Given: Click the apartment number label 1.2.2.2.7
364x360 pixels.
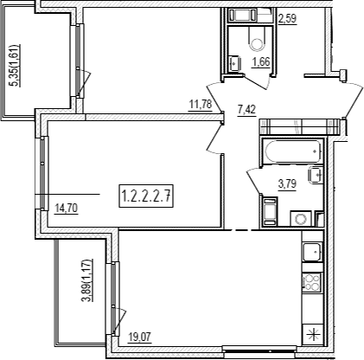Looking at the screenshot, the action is click(x=146, y=196).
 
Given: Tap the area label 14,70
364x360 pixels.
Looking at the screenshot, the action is click(x=67, y=208).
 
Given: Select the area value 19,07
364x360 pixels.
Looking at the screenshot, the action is click(x=140, y=337).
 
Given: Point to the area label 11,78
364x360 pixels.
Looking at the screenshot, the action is click(x=201, y=104).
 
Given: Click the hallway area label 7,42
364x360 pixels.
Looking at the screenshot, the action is click(x=246, y=110).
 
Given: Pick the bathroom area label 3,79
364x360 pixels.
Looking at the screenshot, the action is click(x=287, y=183).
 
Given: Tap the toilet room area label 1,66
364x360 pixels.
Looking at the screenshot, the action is click(x=261, y=62).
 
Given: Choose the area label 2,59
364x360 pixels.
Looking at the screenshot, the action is click(x=287, y=19).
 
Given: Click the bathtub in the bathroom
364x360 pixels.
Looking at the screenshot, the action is click(x=293, y=151).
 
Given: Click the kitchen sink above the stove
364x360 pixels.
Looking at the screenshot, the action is click(x=311, y=252).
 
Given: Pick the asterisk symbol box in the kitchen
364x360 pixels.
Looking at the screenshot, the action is click(x=313, y=335).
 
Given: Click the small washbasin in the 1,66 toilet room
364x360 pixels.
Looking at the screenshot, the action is click(x=234, y=63).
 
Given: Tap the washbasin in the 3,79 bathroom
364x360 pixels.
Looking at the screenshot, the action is click(x=315, y=175).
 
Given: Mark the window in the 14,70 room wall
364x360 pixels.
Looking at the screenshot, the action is click(x=42, y=173).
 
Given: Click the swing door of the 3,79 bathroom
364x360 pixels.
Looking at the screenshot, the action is click(x=253, y=181).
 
